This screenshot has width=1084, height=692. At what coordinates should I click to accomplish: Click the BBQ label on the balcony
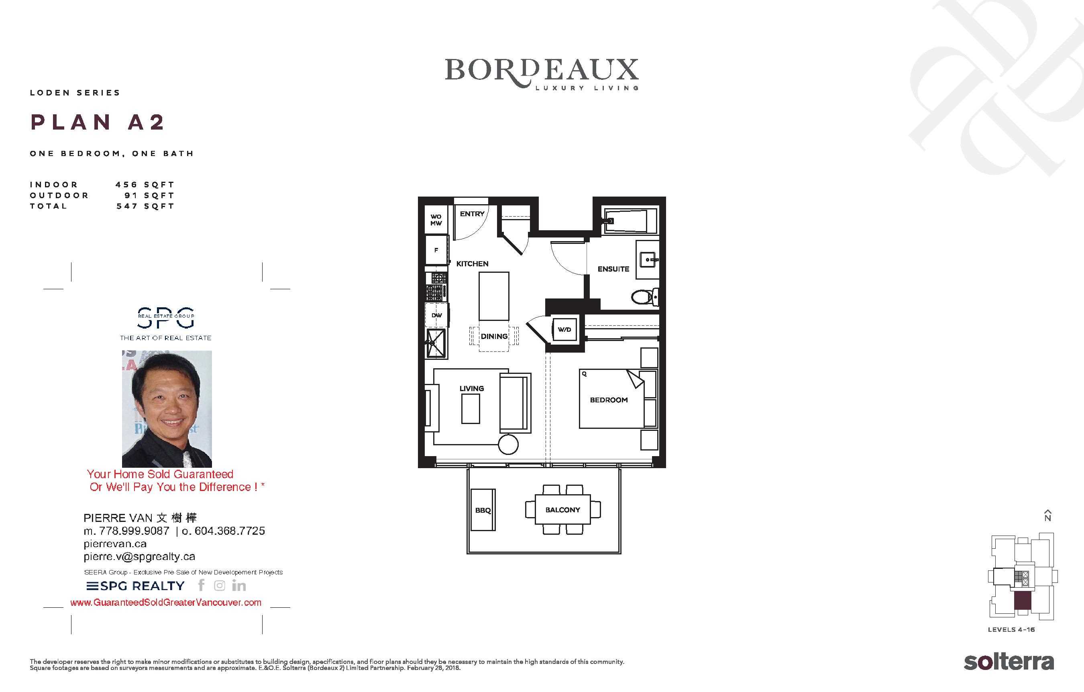(483, 510)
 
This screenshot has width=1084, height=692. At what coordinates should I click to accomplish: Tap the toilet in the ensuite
(645, 296)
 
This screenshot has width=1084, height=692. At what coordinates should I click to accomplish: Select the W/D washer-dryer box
(564, 329)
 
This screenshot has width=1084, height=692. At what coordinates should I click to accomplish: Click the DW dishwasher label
(437, 315)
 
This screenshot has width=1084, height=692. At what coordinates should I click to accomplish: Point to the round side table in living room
(508, 444)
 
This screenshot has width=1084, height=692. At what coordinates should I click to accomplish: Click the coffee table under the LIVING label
(471, 408)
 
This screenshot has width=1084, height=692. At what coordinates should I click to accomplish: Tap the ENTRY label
(472, 214)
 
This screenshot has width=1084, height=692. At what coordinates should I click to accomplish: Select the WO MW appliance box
(436, 219)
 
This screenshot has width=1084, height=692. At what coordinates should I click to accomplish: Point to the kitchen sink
(435, 343)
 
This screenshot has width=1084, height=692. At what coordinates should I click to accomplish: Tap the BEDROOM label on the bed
(609, 400)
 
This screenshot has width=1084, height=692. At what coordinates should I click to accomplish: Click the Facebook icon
(201, 585)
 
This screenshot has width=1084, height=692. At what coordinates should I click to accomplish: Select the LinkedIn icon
(238, 585)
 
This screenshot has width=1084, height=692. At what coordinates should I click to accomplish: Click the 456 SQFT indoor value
(145, 185)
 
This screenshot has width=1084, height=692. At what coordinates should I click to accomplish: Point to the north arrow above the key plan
(1047, 515)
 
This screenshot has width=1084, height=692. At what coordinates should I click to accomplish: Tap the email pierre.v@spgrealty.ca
(140, 556)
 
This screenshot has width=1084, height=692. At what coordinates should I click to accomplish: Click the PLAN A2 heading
(97, 122)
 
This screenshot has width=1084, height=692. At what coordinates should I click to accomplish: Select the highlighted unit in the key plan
(1022, 601)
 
